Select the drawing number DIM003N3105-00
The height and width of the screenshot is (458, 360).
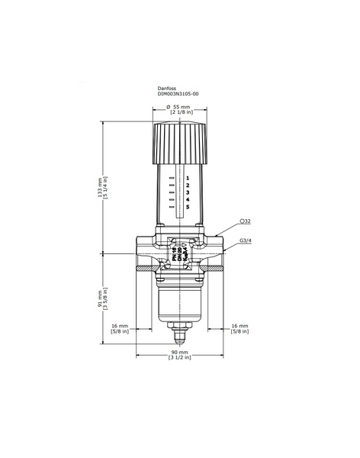point(178,95)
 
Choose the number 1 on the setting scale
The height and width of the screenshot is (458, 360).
point(187,177)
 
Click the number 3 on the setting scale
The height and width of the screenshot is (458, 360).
point(187,192)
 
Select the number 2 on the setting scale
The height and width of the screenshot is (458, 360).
point(187,185)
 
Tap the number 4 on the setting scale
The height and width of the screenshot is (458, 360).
point(187,200)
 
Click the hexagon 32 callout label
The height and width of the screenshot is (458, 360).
point(246,221)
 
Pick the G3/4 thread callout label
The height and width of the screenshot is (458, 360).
point(246,242)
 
